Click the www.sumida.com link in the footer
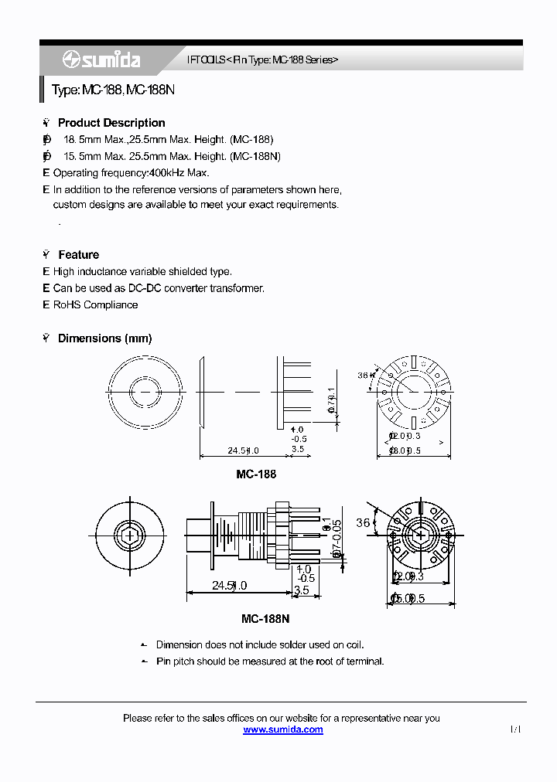point(282,729)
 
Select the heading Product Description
point(111,123)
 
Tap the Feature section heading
point(78,255)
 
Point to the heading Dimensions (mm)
point(104,338)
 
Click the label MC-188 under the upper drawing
point(255,474)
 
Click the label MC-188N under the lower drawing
point(265,619)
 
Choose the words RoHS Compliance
point(95,305)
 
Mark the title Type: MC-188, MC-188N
point(113,90)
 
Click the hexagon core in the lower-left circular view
point(130,534)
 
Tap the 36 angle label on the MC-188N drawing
point(363,523)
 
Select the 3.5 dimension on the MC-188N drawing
point(301,590)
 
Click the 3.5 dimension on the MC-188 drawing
point(298,449)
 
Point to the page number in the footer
point(515,729)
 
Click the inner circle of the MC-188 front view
point(145,391)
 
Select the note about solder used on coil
point(259,644)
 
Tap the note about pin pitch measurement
point(269,661)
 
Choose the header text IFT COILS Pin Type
point(263,60)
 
